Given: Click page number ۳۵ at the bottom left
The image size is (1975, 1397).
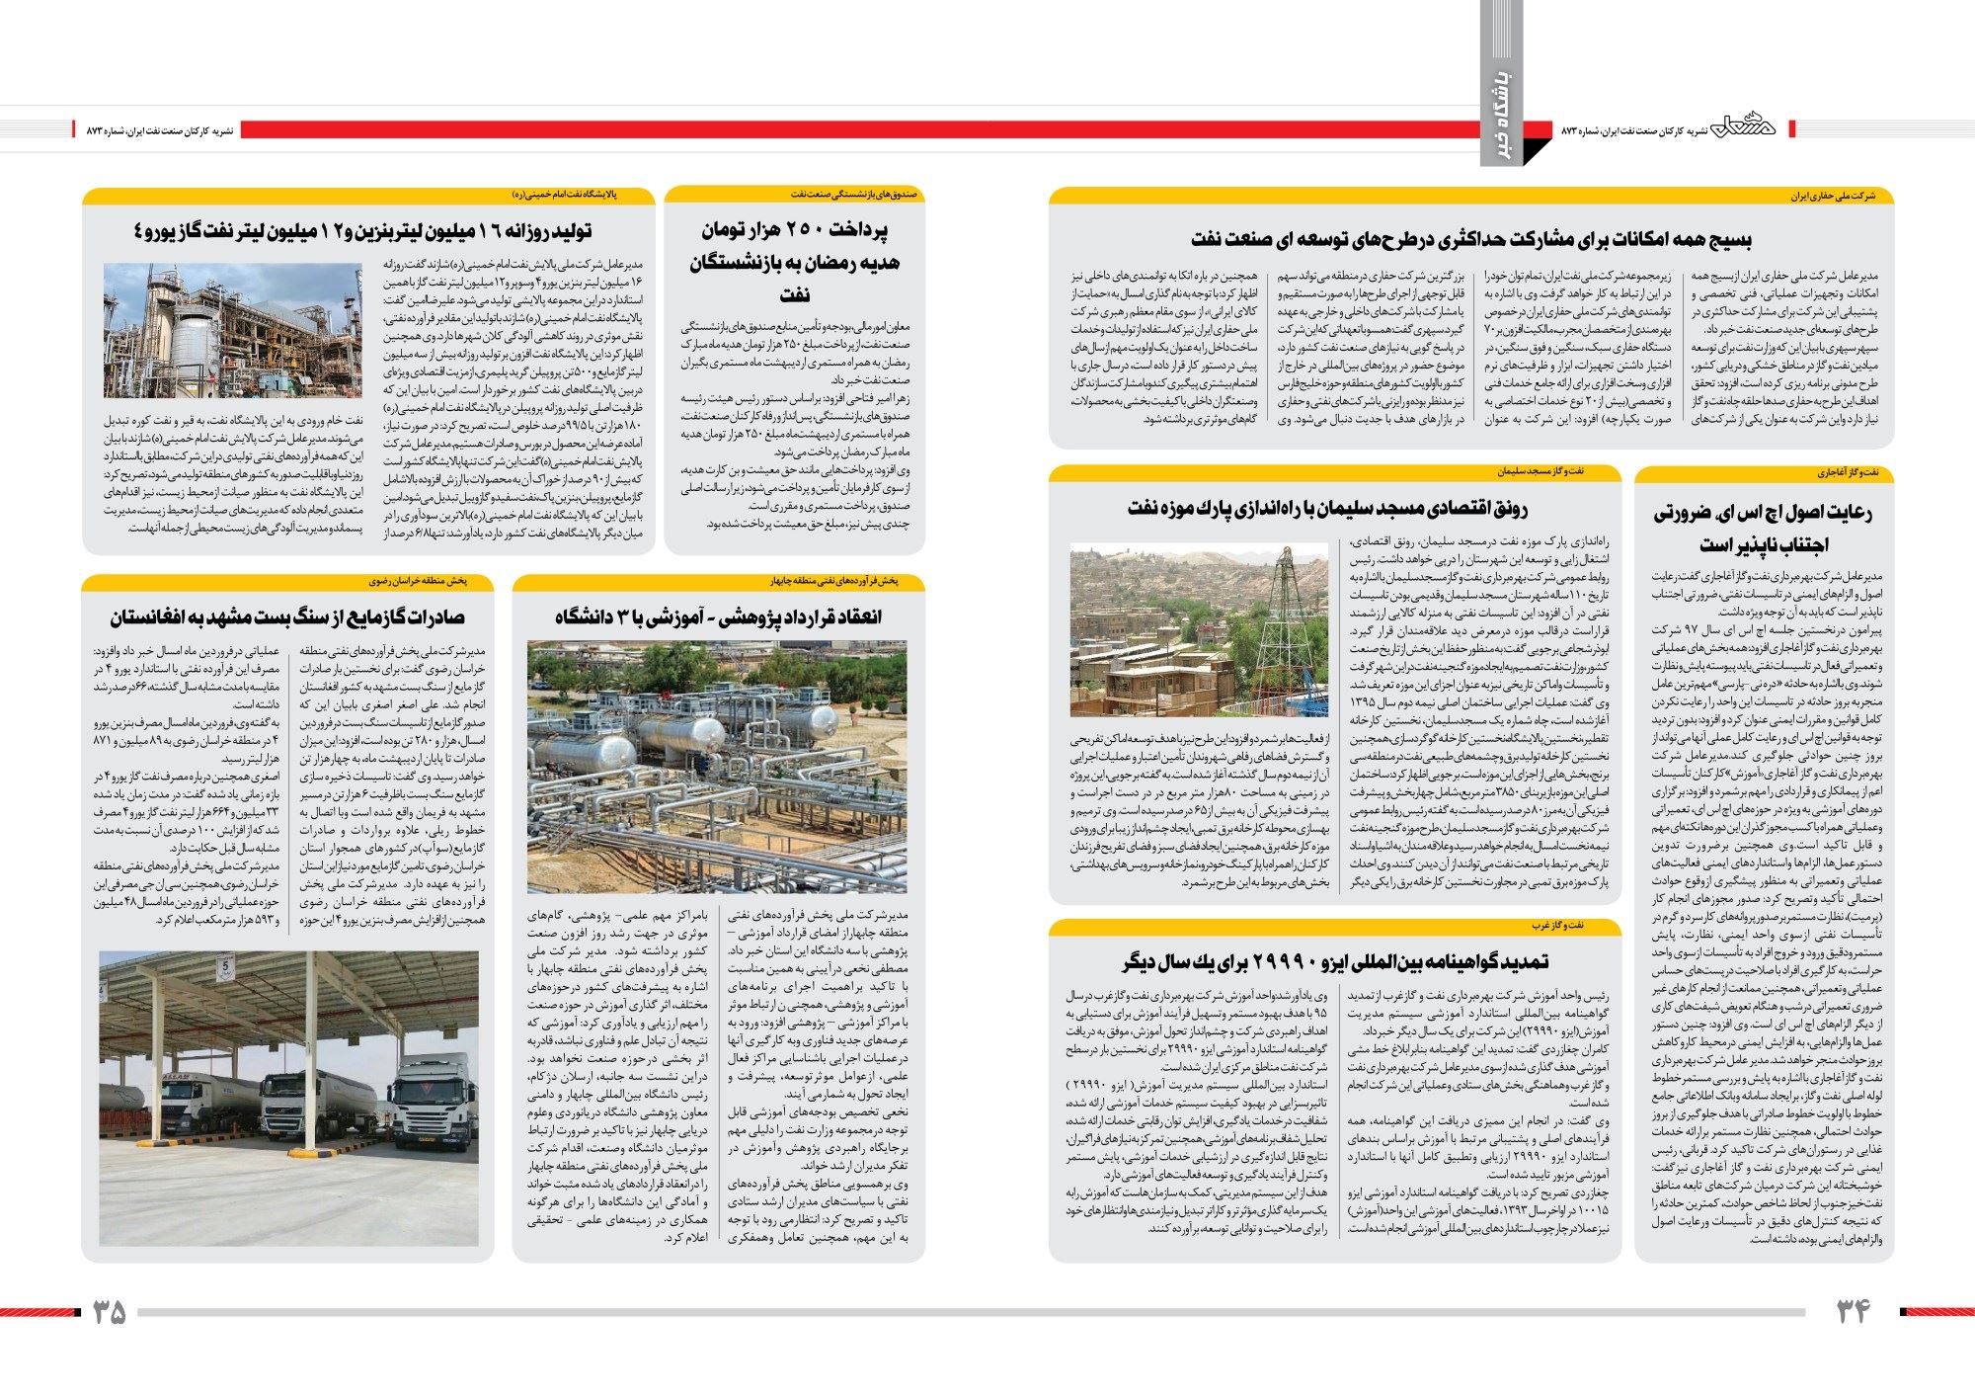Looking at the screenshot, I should tap(110, 1311).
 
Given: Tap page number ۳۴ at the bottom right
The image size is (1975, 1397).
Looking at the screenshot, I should tap(1854, 1311).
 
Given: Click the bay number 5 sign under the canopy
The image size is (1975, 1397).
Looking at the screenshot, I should tap(224, 964).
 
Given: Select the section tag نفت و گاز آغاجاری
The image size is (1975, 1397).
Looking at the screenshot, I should tap(1848, 473).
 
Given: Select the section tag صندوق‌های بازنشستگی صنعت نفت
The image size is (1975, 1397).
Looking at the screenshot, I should tap(853, 195).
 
